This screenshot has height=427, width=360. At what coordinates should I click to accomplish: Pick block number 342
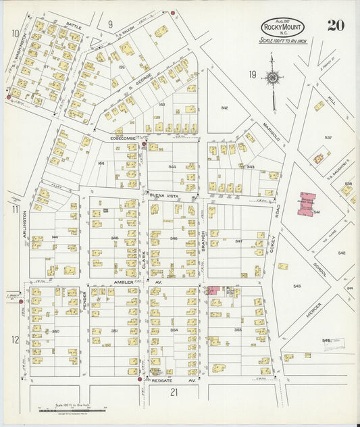[x=224, y=107]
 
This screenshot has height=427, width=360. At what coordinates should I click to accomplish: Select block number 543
[x=297, y=286]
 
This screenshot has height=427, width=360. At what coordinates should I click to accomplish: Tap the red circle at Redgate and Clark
[x=139, y=380]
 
